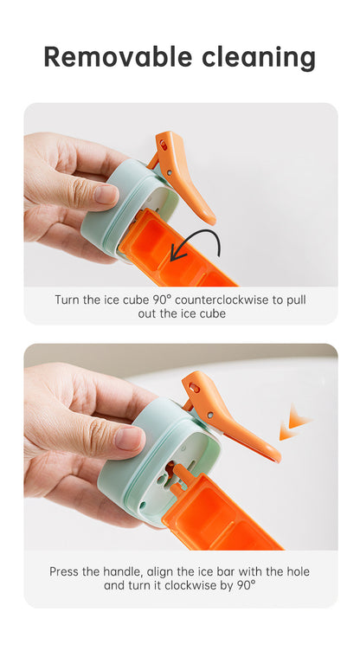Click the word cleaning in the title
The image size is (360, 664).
pyautogui.click(x=259, y=58)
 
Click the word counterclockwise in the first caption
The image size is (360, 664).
pyautogui.click(x=222, y=300)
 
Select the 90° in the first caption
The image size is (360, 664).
pyautogui.click(x=162, y=300)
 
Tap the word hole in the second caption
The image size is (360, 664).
pyautogui.click(x=299, y=571)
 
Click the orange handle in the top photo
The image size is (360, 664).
pyautogui.click(x=183, y=173)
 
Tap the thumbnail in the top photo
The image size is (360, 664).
pyautogui.click(x=106, y=195)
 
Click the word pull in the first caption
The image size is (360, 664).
pyautogui.click(x=298, y=300)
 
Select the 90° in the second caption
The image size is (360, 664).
pyautogui.click(x=247, y=585)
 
